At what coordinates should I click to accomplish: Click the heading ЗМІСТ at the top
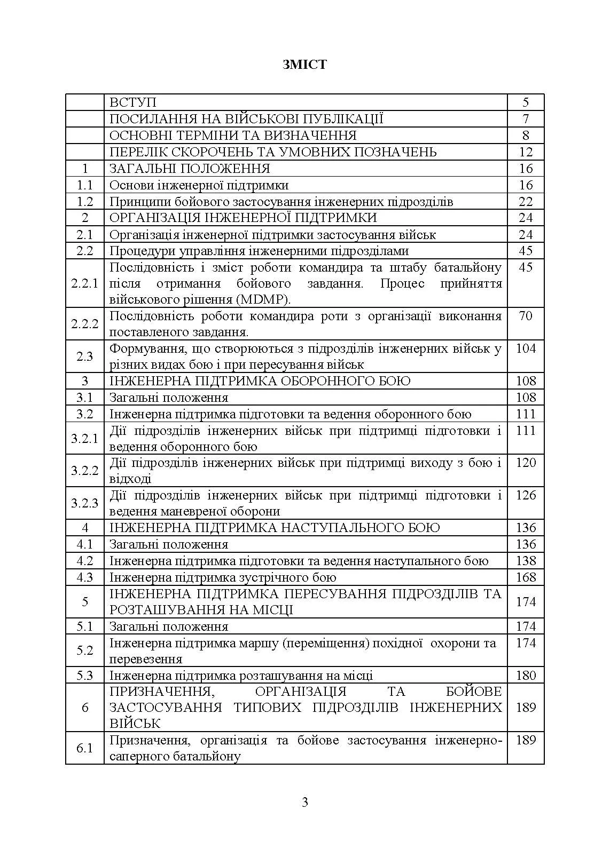[x=304, y=65]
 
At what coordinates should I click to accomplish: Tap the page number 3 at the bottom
[x=305, y=802]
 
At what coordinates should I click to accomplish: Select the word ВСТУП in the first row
[x=132, y=102]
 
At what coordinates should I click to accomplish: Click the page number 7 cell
[x=526, y=119]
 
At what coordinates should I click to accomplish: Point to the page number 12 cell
[x=526, y=152]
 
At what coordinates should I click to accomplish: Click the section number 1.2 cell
[x=84, y=202]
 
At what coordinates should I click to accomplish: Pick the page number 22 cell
[x=526, y=202]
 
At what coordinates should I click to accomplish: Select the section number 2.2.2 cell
[x=84, y=324]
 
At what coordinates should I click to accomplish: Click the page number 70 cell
[x=526, y=316]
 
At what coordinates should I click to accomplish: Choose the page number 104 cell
[x=526, y=348]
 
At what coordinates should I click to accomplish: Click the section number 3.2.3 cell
[x=84, y=503]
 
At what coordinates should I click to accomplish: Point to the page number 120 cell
[x=526, y=463]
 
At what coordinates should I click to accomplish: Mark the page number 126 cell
[x=526, y=495]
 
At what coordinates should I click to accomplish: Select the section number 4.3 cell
[x=84, y=577]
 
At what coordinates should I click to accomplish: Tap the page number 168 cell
[x=526, y=577]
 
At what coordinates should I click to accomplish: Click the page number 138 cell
[x=526, y=561]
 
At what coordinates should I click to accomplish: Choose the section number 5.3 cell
[x=84, y=676]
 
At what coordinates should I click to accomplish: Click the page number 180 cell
[x=526, y=676]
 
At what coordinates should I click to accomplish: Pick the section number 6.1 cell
[x=84, y=748]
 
